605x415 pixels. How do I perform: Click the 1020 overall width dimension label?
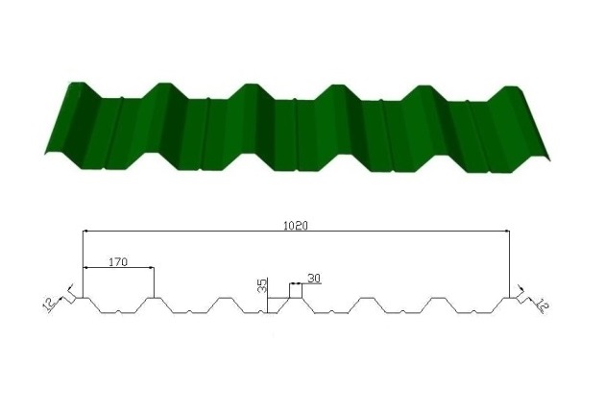click(296, 226)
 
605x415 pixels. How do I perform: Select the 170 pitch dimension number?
click(118, 262)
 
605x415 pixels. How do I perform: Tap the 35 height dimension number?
click(262, 285)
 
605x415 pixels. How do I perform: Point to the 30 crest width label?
click(314, 279)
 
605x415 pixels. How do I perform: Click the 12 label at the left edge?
click(49, 305)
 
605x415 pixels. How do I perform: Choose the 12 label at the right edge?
click(543, 305)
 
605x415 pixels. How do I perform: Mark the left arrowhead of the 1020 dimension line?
click(86, 231)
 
